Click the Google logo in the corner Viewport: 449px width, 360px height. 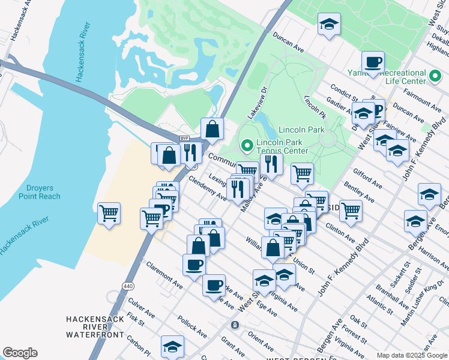click(x=20, y=353)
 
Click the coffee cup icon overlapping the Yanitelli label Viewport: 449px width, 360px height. click(x=373, y=62)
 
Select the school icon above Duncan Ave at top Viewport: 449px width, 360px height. click(x=328, y=24)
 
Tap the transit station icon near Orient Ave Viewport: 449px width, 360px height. click(x=235, y=325)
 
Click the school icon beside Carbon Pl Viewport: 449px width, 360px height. click(x=172, y=346)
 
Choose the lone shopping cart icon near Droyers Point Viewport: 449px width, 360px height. click(x=109, y=213)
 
